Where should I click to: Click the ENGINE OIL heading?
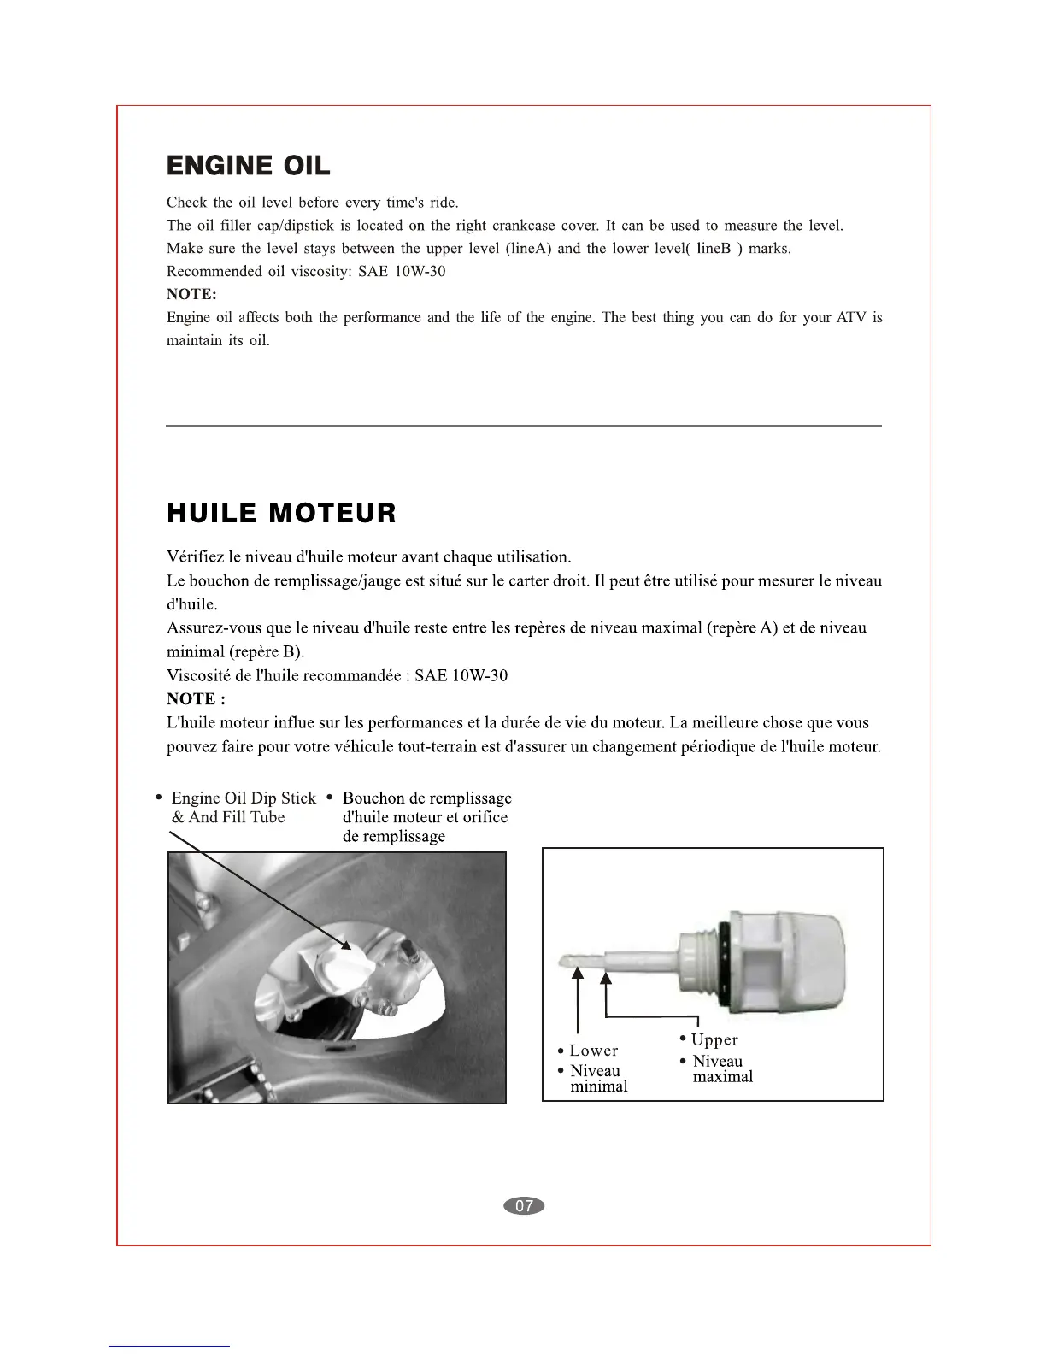click(248, 166)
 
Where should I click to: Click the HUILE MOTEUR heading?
click(281, 513)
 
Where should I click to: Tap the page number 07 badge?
click(524, 1205)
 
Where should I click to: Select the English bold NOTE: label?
click(191, 294)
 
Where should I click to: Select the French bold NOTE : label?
click(196, 698)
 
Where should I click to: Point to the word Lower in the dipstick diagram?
click(593, 1051)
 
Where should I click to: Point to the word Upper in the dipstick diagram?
click(714, 1039)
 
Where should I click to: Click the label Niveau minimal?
click(597, 1079)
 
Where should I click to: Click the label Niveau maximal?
click(720, 1068)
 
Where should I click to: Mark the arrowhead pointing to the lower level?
click(579, 972)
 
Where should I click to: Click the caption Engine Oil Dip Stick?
click(243, 798)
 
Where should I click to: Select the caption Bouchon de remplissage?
click(426, 798)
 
